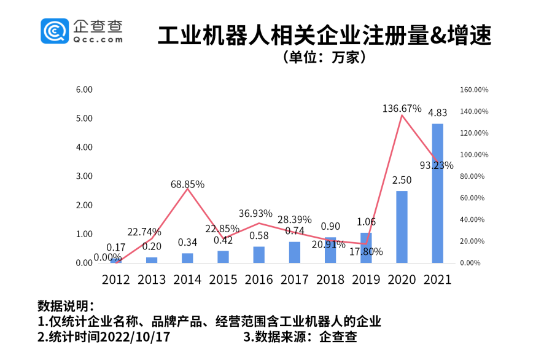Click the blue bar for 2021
(x=437, y=194)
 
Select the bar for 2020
(x=402, y=227)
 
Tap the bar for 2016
(x=259, y=255)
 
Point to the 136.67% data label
(x=402, y=108)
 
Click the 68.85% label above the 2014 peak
(x=187, y=184)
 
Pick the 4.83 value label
(x=437, y=112)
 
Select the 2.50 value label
(x=402, y=180)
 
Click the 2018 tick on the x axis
(x=330, y=280)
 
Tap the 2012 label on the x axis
(x=116, y=280)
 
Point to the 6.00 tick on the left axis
(x=84, y=90)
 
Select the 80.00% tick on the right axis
(x=473, y=176)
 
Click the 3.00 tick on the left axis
(x=84, y=176)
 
